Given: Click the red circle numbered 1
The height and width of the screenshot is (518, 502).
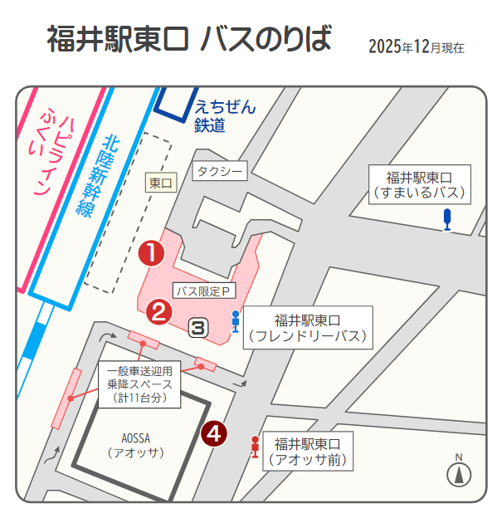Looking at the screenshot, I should click(151, 252).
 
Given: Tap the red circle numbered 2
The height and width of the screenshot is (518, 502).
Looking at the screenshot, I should click(159, 311).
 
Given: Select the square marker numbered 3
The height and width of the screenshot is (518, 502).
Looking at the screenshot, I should click(197, 327).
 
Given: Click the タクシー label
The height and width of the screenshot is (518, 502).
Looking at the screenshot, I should click(220, 172).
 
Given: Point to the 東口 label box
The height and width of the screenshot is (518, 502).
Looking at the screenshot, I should click(162, 183).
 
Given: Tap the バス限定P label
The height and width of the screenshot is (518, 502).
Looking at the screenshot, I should click(204, 291).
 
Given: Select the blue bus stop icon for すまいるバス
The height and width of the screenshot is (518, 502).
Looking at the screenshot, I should click(447, 219).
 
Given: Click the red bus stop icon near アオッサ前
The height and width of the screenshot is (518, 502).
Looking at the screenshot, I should click(255, 447).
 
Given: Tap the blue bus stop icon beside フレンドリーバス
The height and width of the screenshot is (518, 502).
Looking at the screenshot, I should click(236, 320).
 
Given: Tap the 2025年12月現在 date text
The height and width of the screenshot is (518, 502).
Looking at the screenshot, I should click(416, 46).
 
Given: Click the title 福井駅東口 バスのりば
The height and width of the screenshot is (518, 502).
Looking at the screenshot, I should click(189, 39).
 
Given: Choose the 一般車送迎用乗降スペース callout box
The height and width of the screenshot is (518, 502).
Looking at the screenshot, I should click(139, 384).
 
